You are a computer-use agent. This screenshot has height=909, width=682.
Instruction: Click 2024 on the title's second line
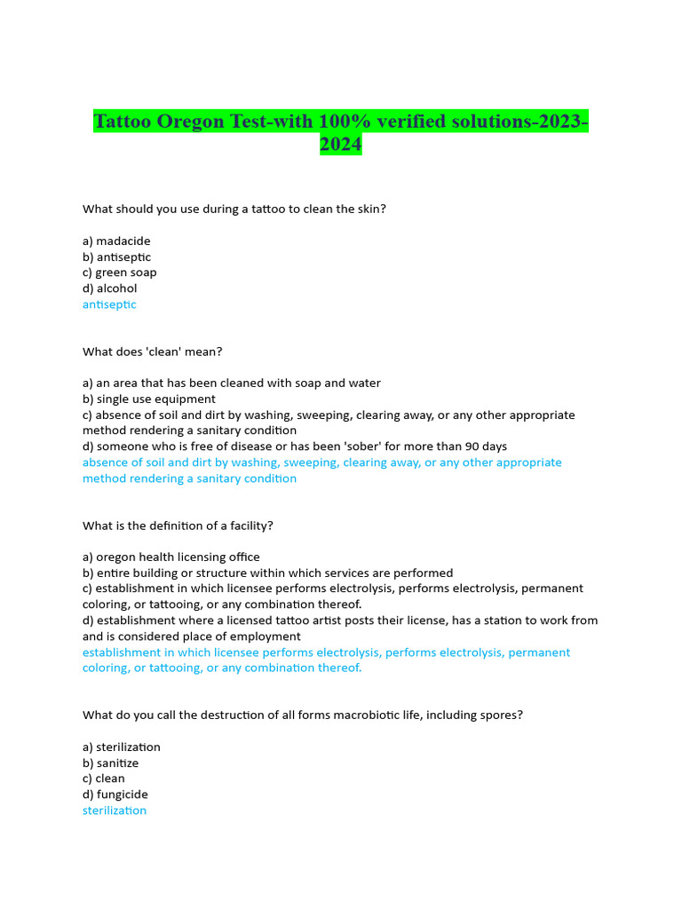coord(341,145)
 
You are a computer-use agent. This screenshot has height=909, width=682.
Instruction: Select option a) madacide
coord(116,241)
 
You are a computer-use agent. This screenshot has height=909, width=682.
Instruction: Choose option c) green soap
coord(120,273)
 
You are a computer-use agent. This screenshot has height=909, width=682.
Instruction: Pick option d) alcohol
coord(110,289)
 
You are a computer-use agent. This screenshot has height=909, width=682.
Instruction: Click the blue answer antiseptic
coord(109,304)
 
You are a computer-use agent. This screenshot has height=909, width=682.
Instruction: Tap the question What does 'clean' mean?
coord(152,352)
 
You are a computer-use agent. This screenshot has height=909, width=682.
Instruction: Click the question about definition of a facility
coord(178,526)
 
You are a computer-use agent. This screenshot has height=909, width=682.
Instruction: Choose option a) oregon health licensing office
coord(171,557)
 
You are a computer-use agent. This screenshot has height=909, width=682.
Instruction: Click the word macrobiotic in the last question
coord(334,715)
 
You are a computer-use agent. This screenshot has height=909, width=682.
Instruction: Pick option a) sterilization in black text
coord(122,747)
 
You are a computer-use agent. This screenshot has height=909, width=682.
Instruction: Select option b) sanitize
coord(111,763)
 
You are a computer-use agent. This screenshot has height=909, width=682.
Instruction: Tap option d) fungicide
coord(115,794)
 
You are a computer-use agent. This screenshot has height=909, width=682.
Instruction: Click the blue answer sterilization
coord(115,810)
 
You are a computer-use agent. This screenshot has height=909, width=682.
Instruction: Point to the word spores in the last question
coord(498,715)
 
